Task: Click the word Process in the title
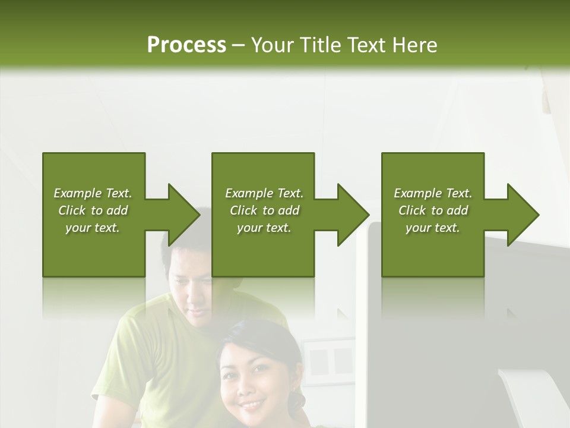(x=186, y=45)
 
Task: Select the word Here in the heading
(x=414, y=45)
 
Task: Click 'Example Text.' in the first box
(x=93, y=193)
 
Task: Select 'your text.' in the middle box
(x=264, y=228)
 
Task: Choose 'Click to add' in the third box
(x=433, y=210)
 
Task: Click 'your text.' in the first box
(x=93, y=228)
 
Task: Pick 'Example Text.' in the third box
(x=433, y=193)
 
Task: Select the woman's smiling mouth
(x=252, y=405)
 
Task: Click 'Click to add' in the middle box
(x=264, y=210)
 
